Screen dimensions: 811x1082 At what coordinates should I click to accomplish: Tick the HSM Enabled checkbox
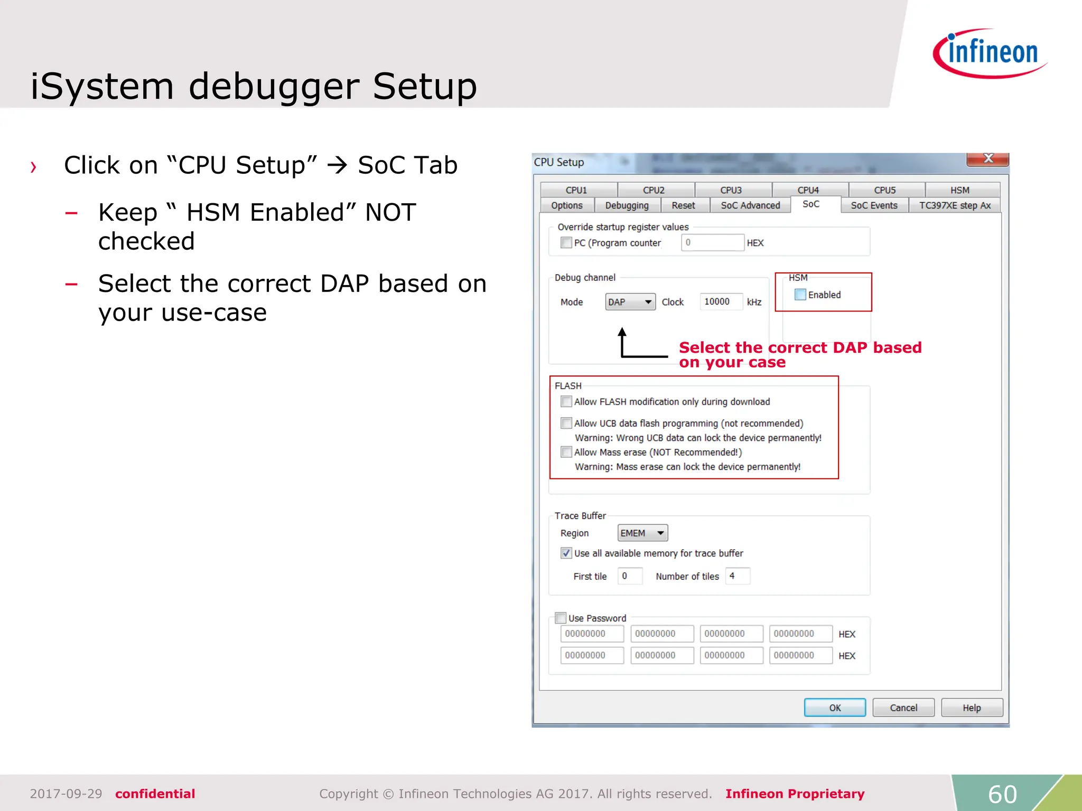[x=800, y=295]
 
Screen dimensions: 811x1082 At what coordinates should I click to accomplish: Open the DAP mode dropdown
[x=630, y=302]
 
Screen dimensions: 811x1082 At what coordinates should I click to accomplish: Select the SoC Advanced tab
[x=750, y=205]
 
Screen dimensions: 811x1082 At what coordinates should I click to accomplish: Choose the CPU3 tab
[x=731, y=190]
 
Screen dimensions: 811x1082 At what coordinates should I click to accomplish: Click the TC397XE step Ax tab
[x=954, y=205]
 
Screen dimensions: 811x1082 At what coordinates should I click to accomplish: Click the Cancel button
[x=903, y=708]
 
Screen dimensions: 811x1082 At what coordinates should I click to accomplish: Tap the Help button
[x=971, y=708]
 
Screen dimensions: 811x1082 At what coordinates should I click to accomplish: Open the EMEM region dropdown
[x=642, y=533]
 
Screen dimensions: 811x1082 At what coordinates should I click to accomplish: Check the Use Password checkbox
[x=561, y=618]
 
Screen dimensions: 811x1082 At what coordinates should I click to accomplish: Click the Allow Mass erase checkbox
[x=566, y=452]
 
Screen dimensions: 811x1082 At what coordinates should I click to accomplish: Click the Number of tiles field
[x=738, y=576]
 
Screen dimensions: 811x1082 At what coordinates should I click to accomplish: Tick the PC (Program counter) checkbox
[x=566, y=242]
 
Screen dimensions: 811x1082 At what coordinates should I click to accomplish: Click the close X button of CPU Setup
[x=988, y=158]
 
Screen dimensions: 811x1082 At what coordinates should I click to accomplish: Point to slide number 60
[x=1002, y=794]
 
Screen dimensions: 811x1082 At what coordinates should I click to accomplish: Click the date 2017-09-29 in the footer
[x=66, y=794]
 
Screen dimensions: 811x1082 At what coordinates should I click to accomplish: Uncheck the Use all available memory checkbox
[x=566, y=553]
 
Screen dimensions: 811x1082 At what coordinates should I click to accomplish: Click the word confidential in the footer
[x=155, y=794]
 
